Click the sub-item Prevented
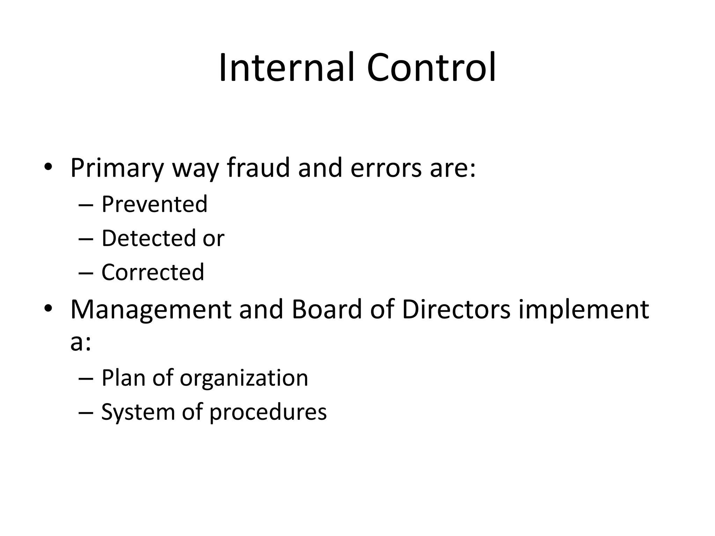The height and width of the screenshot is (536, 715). point(154,204)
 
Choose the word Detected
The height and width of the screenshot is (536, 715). point(148,238)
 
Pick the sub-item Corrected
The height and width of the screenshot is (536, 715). point(153,273)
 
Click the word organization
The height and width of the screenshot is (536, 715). point(244,378)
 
